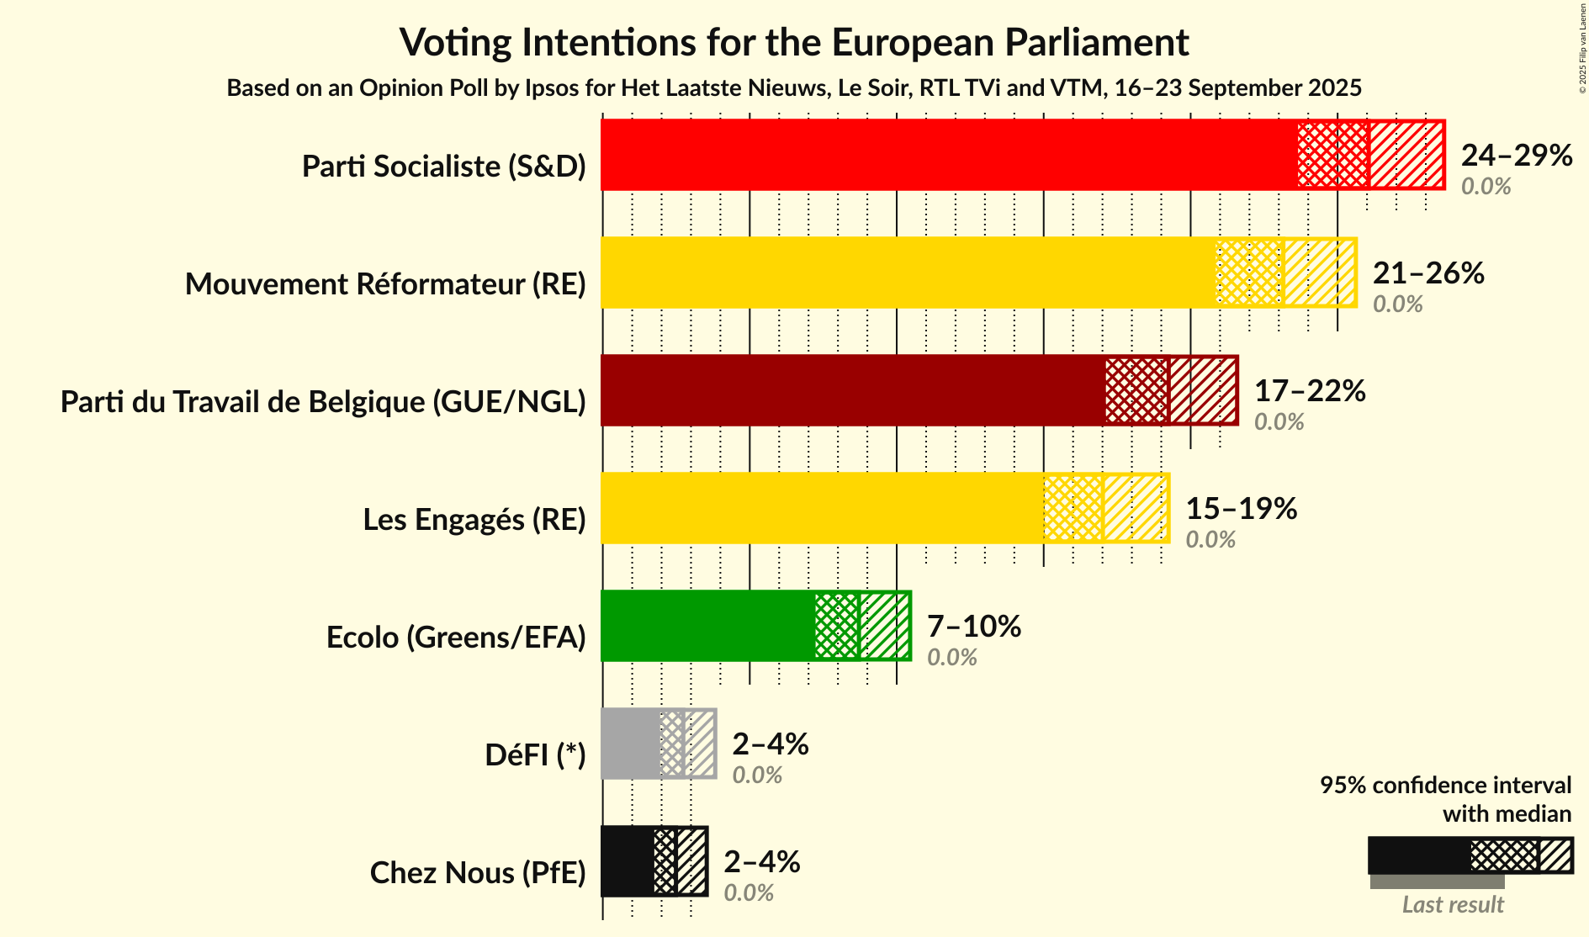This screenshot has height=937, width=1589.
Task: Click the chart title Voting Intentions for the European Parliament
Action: [794, 42]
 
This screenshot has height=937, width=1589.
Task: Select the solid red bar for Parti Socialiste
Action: [948, 155]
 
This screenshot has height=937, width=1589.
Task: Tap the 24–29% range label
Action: [1516, 156]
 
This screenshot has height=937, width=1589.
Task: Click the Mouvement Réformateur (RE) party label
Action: [385, 284]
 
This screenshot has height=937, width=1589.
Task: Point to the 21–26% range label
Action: [1427, 273]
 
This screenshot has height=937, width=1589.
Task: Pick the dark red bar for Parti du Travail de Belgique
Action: [852, 390]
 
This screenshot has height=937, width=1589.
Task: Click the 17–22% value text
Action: [1309, 391]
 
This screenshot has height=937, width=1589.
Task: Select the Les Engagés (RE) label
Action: [474, 520]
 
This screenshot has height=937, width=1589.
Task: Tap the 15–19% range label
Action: [1241, 509]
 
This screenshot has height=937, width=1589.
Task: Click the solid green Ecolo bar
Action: [707, 626]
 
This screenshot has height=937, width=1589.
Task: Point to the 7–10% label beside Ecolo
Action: [973, 627]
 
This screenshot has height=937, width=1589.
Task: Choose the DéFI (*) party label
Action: [535, 755]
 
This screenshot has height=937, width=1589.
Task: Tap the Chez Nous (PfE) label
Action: [477, 873]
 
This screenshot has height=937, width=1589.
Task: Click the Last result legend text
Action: [1452, 905]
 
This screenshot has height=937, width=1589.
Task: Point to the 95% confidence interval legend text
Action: [1444, 799]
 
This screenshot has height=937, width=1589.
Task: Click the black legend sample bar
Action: [1418, 855]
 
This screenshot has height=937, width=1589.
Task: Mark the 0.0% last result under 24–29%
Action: [1485, 187]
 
